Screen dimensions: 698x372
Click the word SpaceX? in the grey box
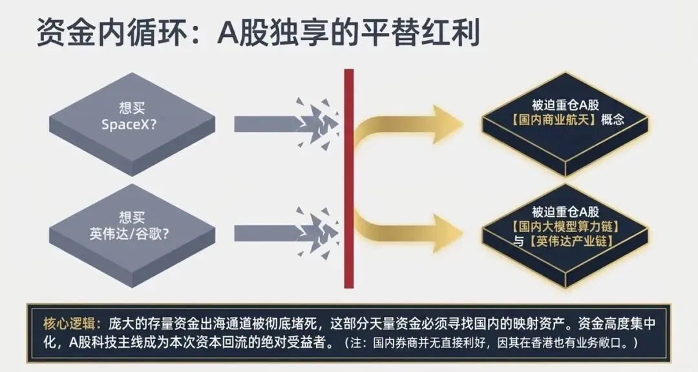pos(129,124)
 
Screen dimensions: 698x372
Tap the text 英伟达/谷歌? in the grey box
pos(129,234)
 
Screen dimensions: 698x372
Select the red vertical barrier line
pos(349,178)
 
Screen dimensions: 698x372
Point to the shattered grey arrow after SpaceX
pos(285,124)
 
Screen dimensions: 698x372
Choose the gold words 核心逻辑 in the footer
pos(69,323)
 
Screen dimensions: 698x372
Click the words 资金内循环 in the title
pos(111,32)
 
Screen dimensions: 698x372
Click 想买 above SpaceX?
pos(132,108)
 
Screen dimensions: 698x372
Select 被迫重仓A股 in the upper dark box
pos(566,105)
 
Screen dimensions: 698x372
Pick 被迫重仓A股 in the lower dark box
pos(566,212)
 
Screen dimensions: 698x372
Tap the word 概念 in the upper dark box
pos(613,120)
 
